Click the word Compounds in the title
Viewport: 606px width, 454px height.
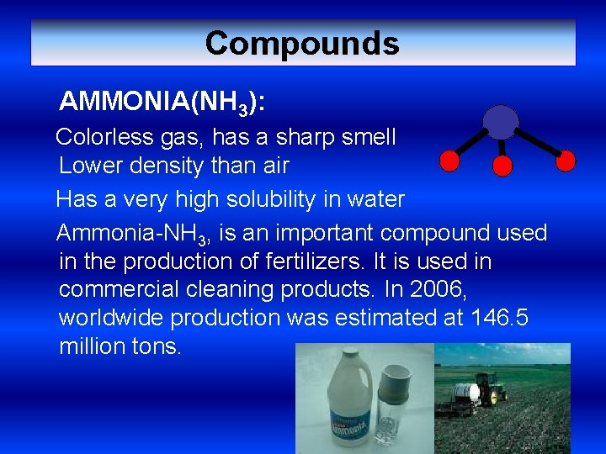click(302, 43)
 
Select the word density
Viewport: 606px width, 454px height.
click(159, 166)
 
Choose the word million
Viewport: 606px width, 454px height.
click(91, 346)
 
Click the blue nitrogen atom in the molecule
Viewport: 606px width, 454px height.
click(501, 122)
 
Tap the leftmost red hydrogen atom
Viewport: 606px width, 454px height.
click(449, 160)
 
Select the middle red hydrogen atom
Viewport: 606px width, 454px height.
click(502, 166)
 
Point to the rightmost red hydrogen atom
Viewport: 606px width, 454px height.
click(566, 160)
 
